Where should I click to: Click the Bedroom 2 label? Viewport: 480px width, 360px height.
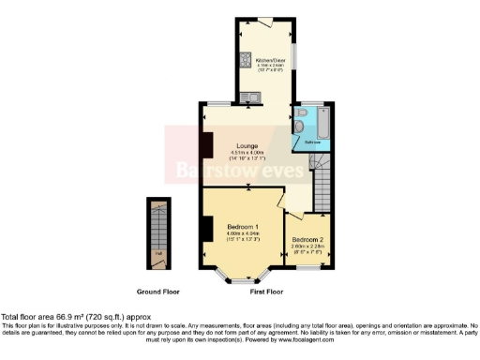point(307,239)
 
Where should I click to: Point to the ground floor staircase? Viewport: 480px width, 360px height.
point(158,225)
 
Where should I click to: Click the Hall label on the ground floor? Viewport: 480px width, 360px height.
point(158,253)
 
